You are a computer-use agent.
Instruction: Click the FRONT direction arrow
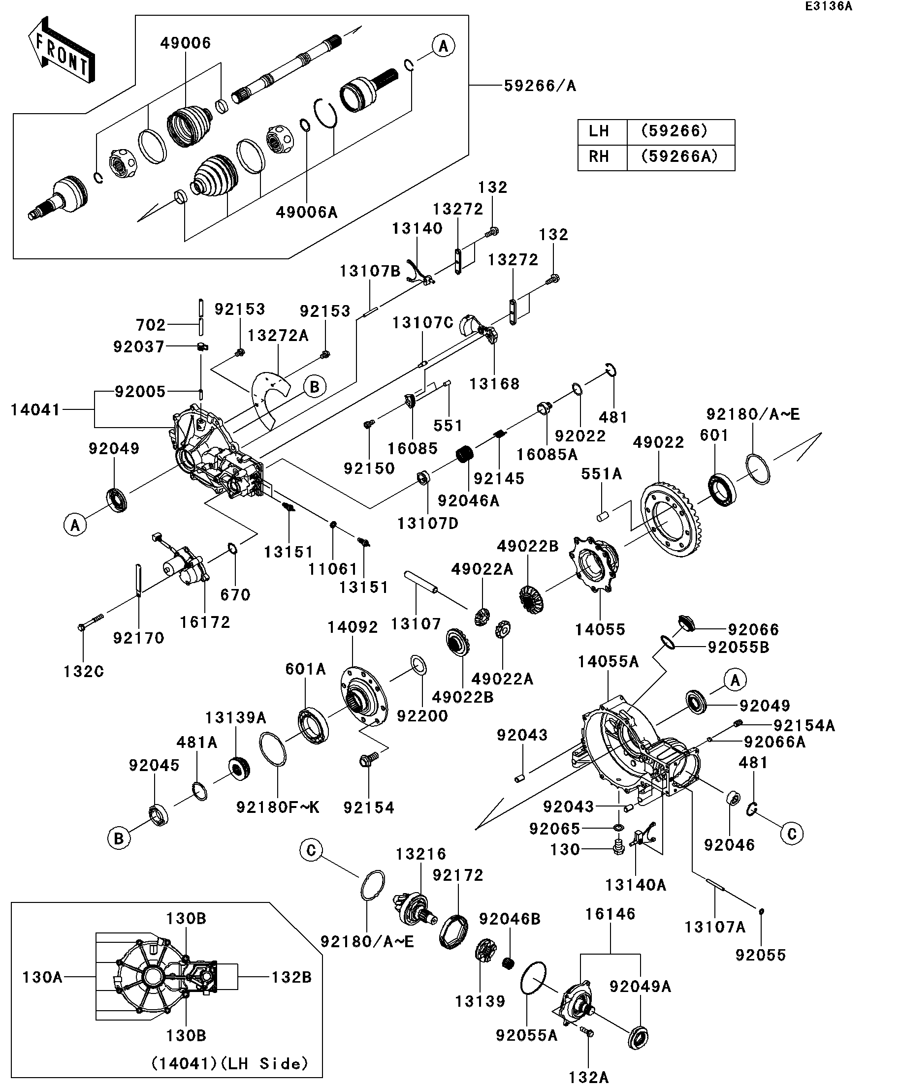coord(61,50)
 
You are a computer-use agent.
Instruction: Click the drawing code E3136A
coord(828,7)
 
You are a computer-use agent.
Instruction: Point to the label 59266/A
coord(540,86)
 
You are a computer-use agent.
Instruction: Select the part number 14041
coord(35,410)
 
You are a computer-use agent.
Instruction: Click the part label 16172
coord(205,622)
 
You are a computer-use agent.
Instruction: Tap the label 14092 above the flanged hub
coord(353,627)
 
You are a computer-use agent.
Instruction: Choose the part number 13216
coord(421,854)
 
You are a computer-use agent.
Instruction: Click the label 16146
coord(610,914)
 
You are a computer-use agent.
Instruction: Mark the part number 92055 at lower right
coord(761,955)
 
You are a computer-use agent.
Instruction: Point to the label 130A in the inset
coord(42,977)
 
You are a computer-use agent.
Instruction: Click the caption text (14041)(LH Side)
coord(229,1063)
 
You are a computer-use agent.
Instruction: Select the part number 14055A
coord(608,661)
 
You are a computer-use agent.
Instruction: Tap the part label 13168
coord(494,384)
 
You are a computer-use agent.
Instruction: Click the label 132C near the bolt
coord(84,672)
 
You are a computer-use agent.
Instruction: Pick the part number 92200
coord(422,716)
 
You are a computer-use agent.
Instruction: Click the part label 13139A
coord(235,717)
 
